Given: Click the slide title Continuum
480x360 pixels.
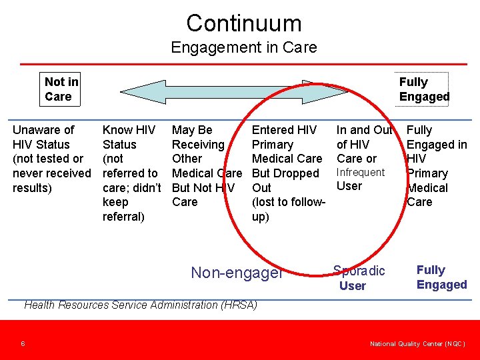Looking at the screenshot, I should click(243, 23).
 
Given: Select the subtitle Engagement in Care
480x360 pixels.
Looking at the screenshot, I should click(243, 47).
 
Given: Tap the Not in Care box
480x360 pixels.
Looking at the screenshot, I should click(61, 89).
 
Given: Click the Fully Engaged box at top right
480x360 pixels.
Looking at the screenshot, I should click(424, 89).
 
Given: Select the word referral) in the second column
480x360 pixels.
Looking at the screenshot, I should click(123, 217).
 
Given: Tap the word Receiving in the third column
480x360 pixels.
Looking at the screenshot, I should click(198, 145).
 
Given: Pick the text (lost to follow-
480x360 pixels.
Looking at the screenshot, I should click(288, 202).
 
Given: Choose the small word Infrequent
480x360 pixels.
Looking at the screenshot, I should click(361, 172).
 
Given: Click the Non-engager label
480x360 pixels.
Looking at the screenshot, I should click(237, 273).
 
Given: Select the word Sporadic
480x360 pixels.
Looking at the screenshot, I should click(359, 271).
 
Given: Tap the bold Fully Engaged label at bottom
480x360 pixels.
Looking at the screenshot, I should click(441, 277).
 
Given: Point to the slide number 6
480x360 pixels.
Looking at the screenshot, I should click(23, 344).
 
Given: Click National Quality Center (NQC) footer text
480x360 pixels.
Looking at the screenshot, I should click(417, 344).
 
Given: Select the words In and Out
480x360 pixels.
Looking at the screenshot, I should click(364, 130).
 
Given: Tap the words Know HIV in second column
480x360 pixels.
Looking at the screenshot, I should click(129, 130).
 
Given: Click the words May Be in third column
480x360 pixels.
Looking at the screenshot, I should click(192, 130).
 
